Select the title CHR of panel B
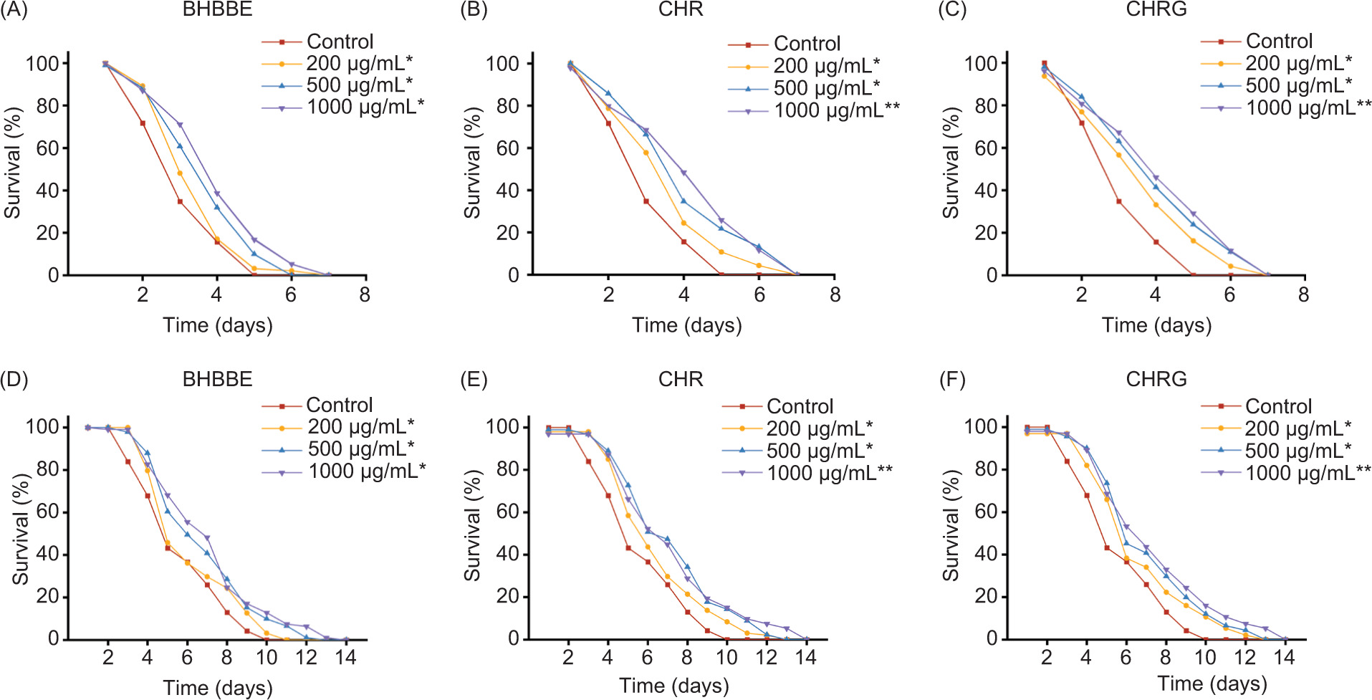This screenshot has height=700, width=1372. (680, 9)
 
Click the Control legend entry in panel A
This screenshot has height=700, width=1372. (340, 42)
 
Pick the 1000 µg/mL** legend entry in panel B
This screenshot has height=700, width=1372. (836, 110)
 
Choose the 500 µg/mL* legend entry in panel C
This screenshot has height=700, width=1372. (1298, 85)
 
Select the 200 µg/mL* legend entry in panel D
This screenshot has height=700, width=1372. (360, 426)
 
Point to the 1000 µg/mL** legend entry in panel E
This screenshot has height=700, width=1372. (829, 473)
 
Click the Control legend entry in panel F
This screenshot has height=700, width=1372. (1278, 406)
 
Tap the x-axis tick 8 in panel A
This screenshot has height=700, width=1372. (365, 294)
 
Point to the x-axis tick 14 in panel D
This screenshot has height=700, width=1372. (346, 657)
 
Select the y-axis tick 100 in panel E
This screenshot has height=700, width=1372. (502, 426)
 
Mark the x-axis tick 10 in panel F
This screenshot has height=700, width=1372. (1205, 657)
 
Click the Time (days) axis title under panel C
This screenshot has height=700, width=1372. (1156, 325)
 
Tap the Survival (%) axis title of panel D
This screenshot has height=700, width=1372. (20, 529)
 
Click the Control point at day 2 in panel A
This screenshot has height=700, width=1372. (143, 123)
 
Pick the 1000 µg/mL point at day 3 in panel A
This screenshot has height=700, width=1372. (180, 125)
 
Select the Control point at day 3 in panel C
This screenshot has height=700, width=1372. (1118, 201)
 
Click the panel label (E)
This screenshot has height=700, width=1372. (473, 379)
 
